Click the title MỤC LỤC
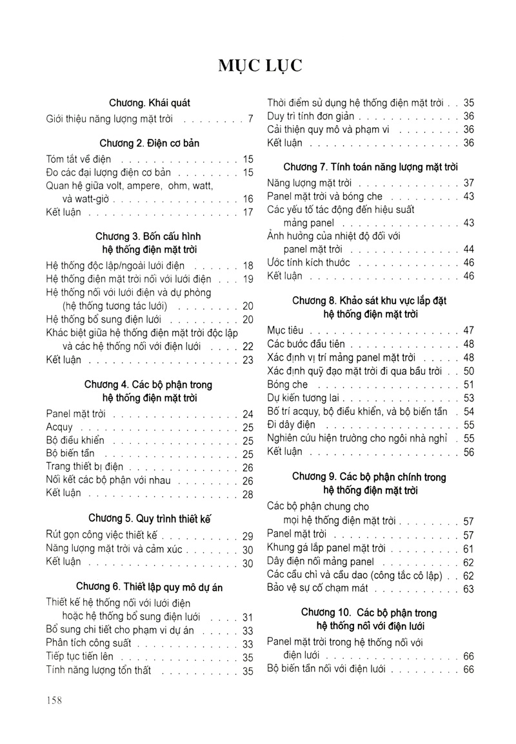click(257, 66)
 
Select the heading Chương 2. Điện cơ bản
click(150, 143)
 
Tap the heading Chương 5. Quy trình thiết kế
click(150, 518)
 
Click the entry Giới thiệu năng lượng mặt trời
click(115, 119)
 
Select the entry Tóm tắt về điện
click(79, 159)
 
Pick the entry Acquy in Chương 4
click(60, 427)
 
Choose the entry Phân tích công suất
click(89, 643)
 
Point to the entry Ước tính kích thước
click(308, 263)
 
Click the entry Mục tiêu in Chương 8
click(286, 330)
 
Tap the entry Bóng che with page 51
click(288, 384)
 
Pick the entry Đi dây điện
click(291, 425)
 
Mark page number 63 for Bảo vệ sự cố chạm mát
click(468, 589)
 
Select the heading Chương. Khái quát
click(150, 103)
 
